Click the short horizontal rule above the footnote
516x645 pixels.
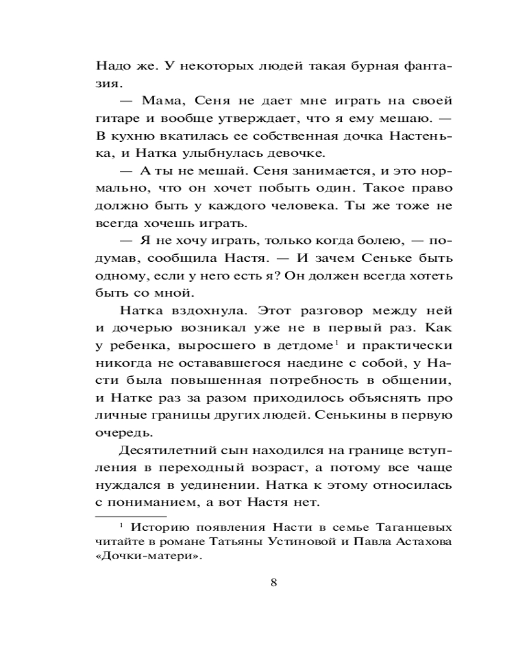tap(122, 517)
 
